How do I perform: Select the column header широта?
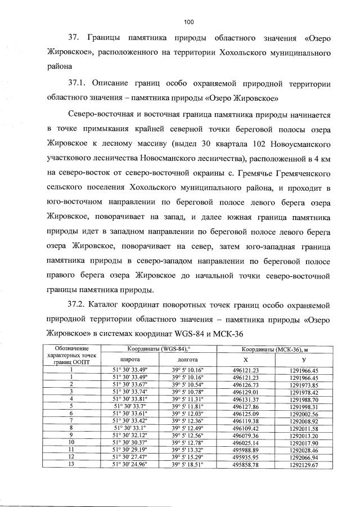(x=129, y=358)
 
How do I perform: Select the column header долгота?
(x=187, y=358)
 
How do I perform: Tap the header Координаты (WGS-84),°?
(x=158, y=349)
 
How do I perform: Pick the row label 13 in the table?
(x=71, y=465)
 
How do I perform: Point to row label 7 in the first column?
(x=71, y=420)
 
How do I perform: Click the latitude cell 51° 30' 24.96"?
(x=129, y=465)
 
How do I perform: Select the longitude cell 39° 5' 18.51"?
(x=187, y=465)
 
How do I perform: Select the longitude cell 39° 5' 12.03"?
(x=187, y=412)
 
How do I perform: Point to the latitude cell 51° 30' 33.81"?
(x=129, y=397)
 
